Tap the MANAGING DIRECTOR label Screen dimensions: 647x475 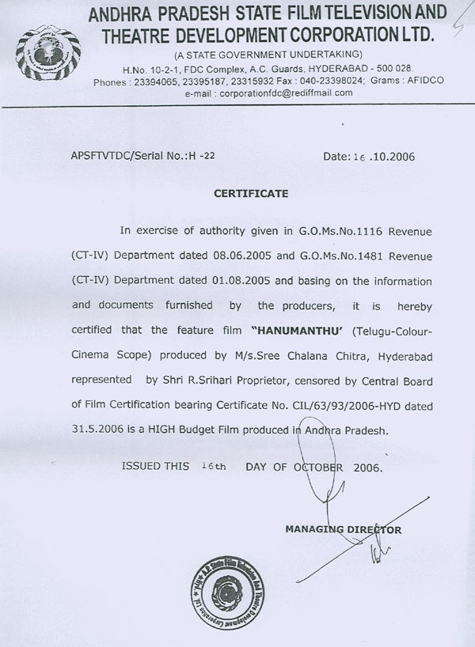click(344, 529)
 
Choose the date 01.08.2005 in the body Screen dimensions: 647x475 click(226, 280)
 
